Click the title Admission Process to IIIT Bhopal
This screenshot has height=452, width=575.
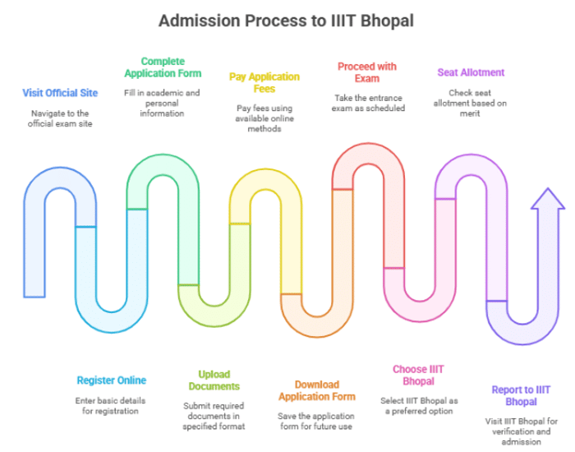pyautogui.click(x=287, y=19)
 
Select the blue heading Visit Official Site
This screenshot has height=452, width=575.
pyautogui.click(x=60, y=93)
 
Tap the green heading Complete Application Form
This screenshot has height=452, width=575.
pyautogui.click(x=163, y=67)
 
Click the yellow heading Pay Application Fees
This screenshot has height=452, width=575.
pyautogui.click(x=264, y=82)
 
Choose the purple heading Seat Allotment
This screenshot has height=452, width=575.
pyautogui.click(x=471, y=72)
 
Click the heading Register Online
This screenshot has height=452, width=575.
pyautogui.click(x=111, y=381)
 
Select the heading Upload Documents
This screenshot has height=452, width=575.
pyautogui.click(x=214, y=380)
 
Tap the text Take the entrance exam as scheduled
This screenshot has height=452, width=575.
pyautogui.click(x=370, y=103)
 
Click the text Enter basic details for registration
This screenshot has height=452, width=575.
pyautogui.click(x=111, y=405)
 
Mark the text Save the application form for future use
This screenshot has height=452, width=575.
pyautogui.click(x=315, y=421)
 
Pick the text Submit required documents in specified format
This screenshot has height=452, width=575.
pyautogui.click(x=214, y=416)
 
